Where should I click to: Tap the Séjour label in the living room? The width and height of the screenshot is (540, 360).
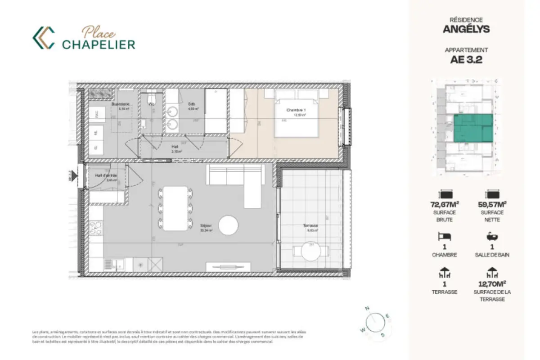[207, 227]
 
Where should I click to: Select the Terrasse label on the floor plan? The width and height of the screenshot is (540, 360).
[310, 226]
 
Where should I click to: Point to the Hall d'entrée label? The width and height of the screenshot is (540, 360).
[106, 175]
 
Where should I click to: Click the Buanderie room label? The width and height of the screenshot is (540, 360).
[121, 104]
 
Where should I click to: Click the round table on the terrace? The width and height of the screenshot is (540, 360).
[310, 251]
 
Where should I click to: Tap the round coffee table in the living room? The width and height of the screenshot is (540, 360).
[228, 225]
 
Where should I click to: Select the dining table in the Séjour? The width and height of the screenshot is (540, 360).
[175, 208]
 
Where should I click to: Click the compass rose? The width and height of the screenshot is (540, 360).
[374, 321]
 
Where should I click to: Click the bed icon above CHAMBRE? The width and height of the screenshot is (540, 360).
[445, 237]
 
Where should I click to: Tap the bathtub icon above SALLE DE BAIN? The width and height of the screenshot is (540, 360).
[491, 237]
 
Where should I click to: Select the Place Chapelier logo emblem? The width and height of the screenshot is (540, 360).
[44, 38]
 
